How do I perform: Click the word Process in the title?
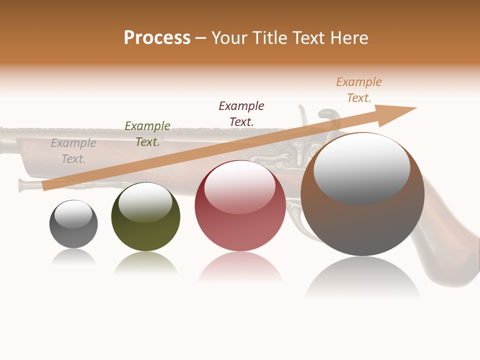157,37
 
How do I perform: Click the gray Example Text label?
73,151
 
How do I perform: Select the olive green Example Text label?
147,134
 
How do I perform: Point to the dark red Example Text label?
241,113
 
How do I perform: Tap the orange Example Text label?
359,90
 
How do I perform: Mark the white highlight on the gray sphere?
73,214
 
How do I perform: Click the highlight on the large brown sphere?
361,168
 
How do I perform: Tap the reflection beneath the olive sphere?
145,264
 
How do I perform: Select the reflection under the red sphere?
240,267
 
